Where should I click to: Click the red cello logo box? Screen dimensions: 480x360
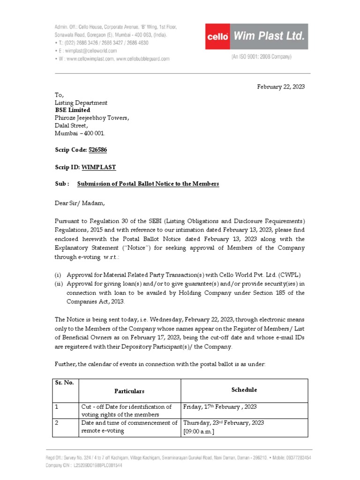tap(218, 37)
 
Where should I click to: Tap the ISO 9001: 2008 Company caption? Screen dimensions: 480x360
tap(261, 57)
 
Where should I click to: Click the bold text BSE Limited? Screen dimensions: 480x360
tap(73, 110)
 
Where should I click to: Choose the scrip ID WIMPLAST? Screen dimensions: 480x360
tap(98, 167)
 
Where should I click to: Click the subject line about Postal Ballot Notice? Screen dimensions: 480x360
tap(148, 184)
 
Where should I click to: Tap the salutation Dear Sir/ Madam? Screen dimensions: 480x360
tap(79, 203)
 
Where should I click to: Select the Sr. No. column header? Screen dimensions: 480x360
tap(65, 382)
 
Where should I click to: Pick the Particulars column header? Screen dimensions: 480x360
tap(129, 391)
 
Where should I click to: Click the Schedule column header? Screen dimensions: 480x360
tap(244, 390)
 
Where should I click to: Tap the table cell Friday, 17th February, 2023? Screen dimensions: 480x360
tap(220, 407)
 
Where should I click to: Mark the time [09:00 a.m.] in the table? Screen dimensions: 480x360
tap(199, 431)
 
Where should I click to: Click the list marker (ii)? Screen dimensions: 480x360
tap(59, 284)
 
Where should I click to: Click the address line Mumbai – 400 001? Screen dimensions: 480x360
tap(80, 133)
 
